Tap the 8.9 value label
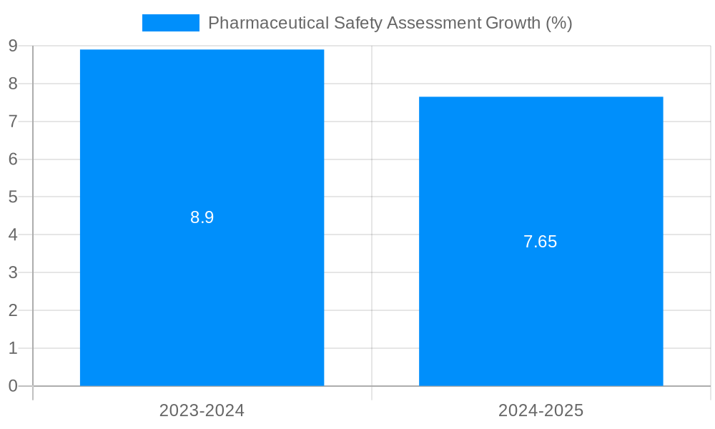202,218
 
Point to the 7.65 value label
541,242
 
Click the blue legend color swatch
170,23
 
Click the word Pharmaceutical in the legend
269,23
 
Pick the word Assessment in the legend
435,23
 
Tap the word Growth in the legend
513,23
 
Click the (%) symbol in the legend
559,23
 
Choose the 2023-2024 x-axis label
202,410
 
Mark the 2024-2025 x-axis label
541,410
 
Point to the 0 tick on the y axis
13,386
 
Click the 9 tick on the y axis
13,46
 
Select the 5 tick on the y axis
13,197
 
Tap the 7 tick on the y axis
13,122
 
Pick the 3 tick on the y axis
13,272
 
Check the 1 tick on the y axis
13,348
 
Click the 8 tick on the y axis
13,84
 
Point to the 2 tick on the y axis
13,310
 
